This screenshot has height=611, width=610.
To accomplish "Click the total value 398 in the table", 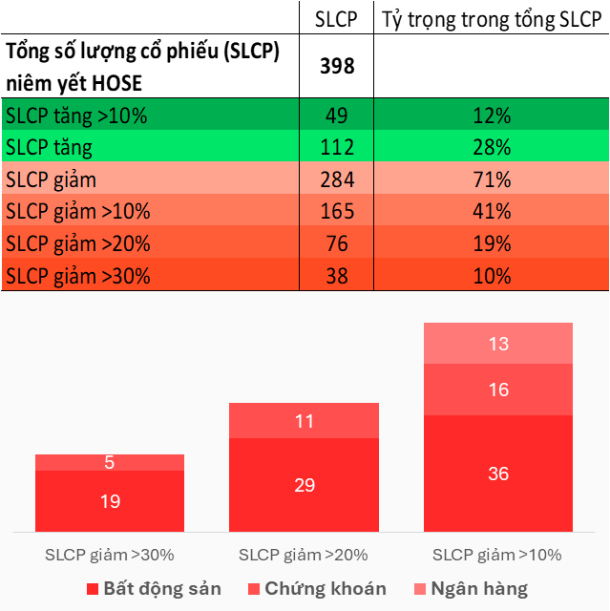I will point(336,65).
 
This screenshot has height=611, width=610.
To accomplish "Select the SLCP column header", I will point(336,18).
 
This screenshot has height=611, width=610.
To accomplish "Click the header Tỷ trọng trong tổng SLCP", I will point(491,18).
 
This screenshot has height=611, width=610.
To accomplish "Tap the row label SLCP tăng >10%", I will point(76,116).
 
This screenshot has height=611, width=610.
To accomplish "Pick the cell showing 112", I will point(336,148).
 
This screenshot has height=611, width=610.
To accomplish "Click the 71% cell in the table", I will point(492,179).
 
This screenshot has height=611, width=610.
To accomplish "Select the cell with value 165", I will point(336,212).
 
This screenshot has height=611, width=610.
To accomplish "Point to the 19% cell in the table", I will point(492,244).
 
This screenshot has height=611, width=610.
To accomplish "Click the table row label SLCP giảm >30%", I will point(77,277).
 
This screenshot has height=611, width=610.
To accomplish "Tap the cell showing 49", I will point(336,116).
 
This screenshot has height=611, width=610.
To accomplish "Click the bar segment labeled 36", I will point(498,474).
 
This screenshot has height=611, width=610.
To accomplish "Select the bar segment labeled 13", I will point(498,344).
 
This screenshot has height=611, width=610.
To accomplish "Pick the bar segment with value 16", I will point(498,390).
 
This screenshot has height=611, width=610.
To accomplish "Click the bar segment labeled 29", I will point(304,485).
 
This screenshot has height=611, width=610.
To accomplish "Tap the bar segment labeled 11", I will point(304,420).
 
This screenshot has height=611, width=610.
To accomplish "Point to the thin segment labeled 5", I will point(110,463).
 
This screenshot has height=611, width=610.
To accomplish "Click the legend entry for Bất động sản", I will point(154,588).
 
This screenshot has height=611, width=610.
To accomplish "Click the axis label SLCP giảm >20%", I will point(304,555).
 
